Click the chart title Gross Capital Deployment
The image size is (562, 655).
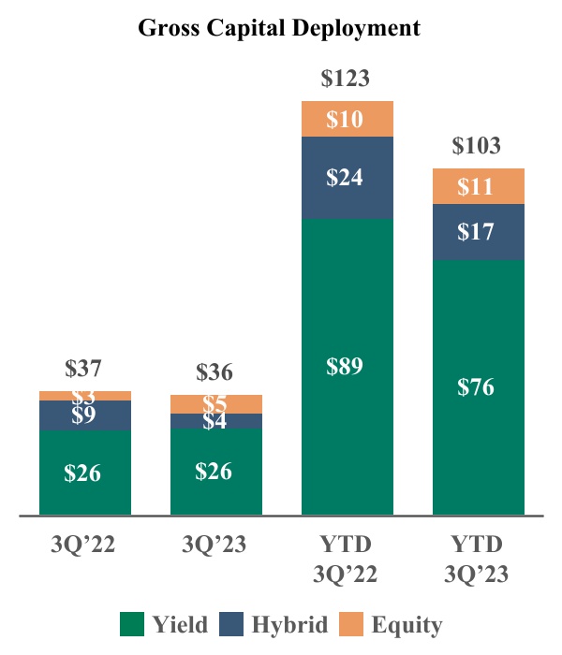tap(279, 28)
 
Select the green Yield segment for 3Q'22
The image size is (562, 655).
tap(84, 473)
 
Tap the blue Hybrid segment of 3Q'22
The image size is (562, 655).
tap(84, 415)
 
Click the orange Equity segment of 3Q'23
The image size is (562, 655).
tap(215, 403)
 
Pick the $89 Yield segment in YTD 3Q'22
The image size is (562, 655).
tap(347, 366)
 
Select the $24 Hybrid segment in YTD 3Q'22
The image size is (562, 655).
tap(347, 178)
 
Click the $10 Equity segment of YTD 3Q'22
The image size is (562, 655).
tap(347, 119)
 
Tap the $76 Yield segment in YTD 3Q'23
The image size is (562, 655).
tap(478, 386)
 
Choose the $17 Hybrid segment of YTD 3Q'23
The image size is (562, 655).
tap(478, 231)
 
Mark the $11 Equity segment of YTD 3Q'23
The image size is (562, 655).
tap(478, 186)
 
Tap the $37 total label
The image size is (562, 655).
tap(84, 368)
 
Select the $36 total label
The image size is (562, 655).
tap(215, 371)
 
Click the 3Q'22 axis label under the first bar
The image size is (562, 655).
tap(84, 545)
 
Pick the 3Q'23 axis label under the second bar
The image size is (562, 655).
tap(215, 545)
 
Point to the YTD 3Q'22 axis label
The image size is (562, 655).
tap(347, 559)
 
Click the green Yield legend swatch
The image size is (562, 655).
tap(132, 623)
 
